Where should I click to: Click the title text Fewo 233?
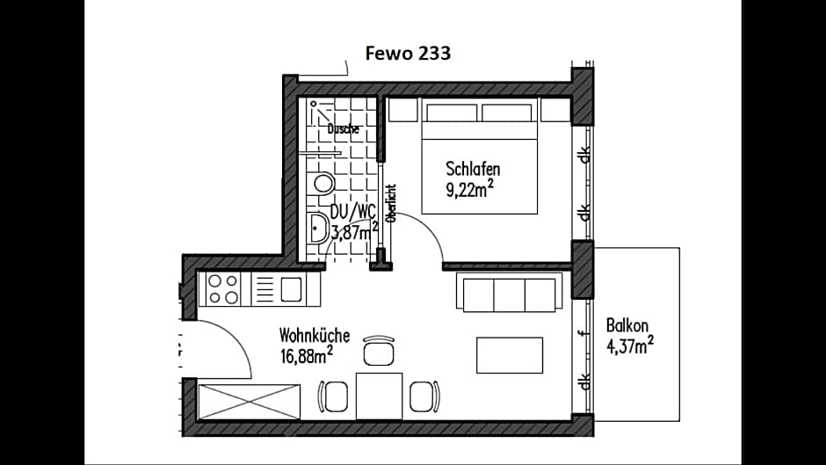click(x=408, y=54)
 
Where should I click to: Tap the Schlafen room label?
click(x=478, y=168)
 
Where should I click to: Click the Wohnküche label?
click(x=315, y=335)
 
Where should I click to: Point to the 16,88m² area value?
click(x=306, y=355)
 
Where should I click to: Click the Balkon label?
click(x=627, y=325)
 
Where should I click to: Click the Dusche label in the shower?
click(x=343, y=129)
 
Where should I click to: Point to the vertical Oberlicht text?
click(x=391, y=203)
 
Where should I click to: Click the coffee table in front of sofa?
click(x=510, y=355)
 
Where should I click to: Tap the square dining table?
click(x=379, y=396)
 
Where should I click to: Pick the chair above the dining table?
click(x=379, y=351)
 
